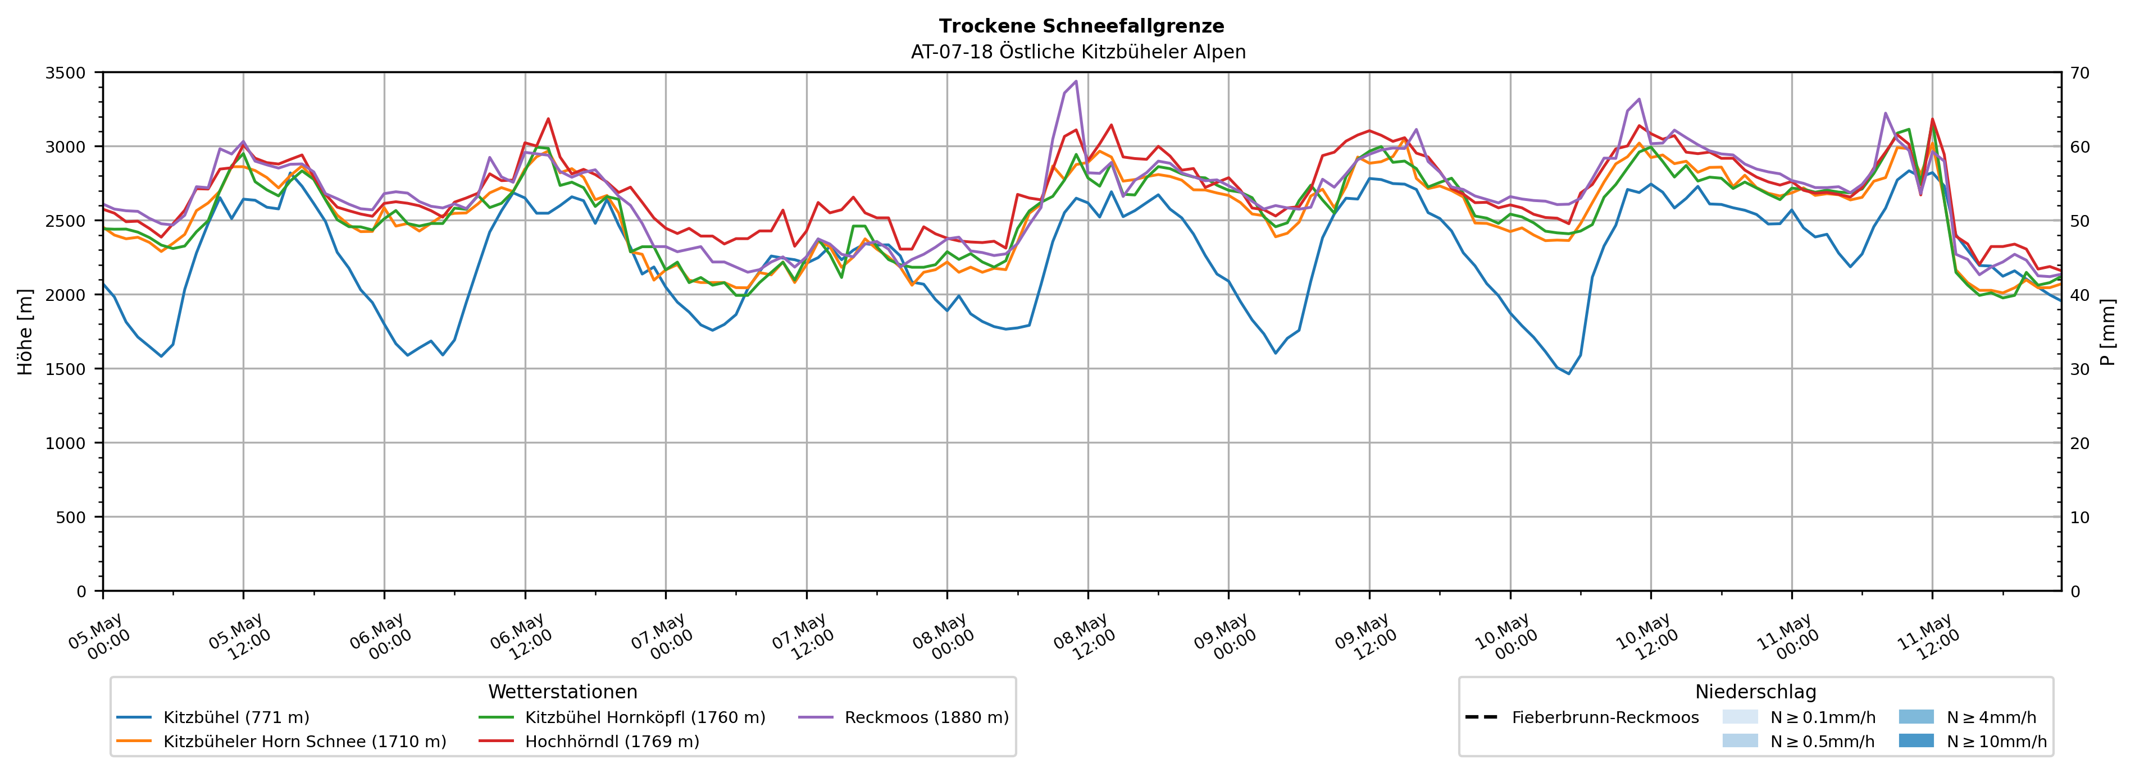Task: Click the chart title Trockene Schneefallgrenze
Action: (1081, 26)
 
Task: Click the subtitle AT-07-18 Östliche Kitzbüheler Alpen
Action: (1078, 52)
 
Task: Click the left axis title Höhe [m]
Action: (26, 331)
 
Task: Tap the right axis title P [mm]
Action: (2109, 331)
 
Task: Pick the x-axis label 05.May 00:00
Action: (99, 636)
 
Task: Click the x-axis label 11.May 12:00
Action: (1929, 636)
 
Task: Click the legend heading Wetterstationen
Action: (563, 692)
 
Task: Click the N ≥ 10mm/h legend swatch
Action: (1916, 740)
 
